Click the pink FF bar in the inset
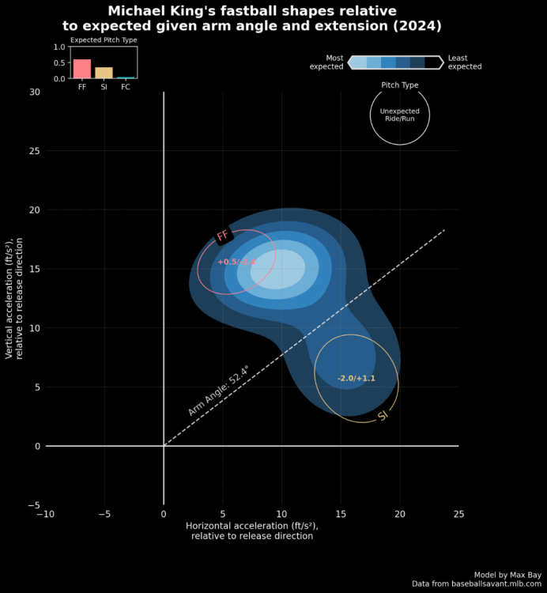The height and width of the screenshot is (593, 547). pos(82,69)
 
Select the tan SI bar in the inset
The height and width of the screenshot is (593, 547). pos(104,73)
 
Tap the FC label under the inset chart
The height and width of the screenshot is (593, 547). pos(126,87)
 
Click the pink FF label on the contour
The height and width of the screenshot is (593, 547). pos(223,236)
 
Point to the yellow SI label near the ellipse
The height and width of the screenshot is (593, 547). pos(383,416)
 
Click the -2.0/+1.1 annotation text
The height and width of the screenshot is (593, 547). pos(356,379)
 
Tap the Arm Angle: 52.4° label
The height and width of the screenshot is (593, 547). pos(218,390)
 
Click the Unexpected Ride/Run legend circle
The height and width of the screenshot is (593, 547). pos(399,115)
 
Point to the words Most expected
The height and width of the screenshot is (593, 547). pos(326,62)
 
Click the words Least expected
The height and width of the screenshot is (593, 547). pos(464,62)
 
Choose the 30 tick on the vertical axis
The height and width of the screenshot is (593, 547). pos(34,92)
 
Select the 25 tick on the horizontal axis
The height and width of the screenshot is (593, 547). pos(458,516)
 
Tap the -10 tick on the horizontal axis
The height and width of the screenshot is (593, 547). pos(46,516)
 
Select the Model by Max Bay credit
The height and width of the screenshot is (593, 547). pos(504,575)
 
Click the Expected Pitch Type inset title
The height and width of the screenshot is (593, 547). pos(104,40)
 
